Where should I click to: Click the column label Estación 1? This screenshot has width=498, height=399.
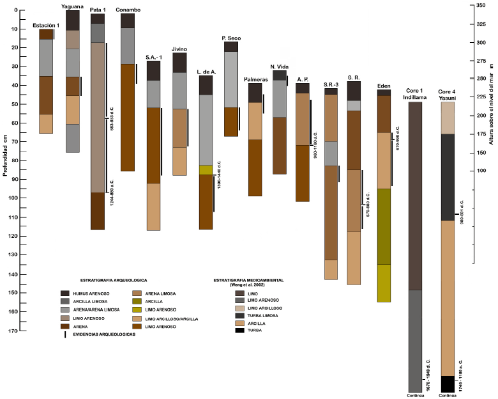(46, 25)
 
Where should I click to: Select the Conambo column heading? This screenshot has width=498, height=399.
(128, 10)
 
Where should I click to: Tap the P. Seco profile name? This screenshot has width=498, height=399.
(230, 38)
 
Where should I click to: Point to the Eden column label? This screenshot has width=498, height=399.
(384, 86)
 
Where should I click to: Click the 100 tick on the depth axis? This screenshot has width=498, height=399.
(13, 199)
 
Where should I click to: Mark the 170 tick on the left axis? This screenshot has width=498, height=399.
(13, 331)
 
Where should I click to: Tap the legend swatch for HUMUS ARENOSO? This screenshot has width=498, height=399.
(65, 293)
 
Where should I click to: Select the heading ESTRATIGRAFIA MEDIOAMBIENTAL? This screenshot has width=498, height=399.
(248, 279)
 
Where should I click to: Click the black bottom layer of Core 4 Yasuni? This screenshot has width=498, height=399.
(448, 384)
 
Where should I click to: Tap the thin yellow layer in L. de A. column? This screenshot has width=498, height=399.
(206, 170)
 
